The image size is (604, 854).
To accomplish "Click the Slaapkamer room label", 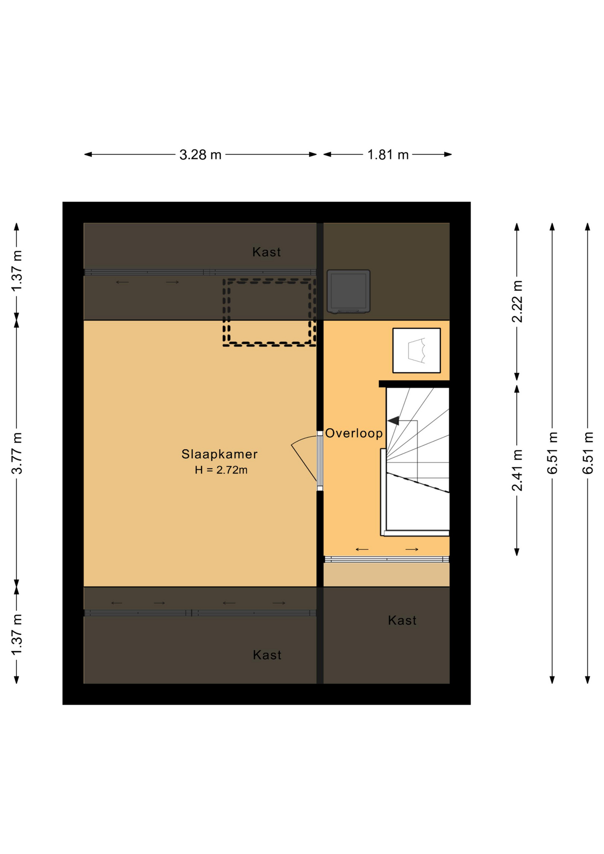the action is tap(219, 454).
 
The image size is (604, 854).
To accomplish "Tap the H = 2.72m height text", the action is tap(221, 470).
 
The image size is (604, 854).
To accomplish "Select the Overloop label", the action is tap(354, 433).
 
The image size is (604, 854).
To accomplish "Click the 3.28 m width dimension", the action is tap(200, 155).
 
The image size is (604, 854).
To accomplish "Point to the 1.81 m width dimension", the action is tap(387, 155).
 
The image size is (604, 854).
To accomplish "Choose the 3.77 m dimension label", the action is tap(17, 453).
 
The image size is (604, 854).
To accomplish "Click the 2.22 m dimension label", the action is tap(517, 302).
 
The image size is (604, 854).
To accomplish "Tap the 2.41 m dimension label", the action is tap(517, 470).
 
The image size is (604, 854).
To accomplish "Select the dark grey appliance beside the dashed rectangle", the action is tap(349, 291).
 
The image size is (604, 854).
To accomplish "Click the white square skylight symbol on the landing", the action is tap(417, 350).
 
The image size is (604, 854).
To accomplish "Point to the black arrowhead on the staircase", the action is tap(394, 420).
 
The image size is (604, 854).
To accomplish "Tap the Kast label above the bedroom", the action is tap(266, 252).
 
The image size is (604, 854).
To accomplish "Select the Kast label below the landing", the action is tap(402, 620).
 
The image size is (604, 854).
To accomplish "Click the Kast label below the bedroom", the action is tap(267, 655).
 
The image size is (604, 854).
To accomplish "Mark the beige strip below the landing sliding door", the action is tap(387, 575).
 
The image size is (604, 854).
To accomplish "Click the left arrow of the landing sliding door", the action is tap(362, 549).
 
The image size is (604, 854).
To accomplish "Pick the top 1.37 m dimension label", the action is tap(17, 271).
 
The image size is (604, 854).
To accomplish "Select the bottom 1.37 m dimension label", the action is tap(17, 635).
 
